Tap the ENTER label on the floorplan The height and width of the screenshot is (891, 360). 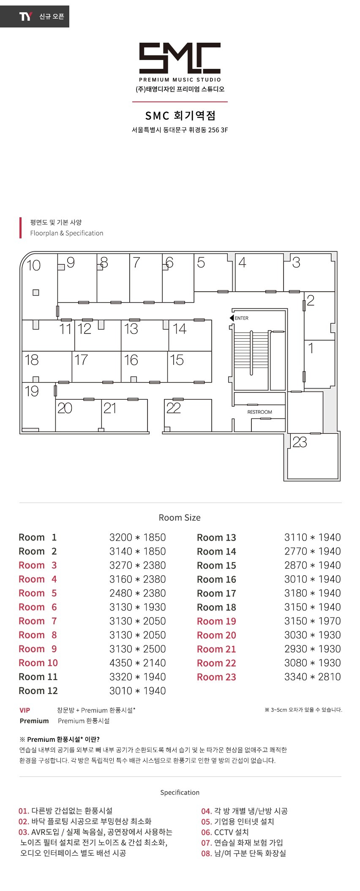tap(242, 318)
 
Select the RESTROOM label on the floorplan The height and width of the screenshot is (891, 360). tap(259, 412)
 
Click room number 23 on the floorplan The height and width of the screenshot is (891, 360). tap(300, 442)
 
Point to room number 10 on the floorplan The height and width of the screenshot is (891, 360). tap(33, 265)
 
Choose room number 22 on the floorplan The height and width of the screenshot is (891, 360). tap(173, 408)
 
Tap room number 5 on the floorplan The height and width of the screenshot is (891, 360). tap(201, 262)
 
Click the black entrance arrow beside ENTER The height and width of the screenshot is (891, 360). tap(232, 318)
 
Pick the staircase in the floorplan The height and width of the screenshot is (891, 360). tap(251, 353)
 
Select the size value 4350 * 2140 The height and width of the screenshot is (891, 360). tap(137, 663)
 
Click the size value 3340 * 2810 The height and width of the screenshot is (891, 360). tap(312, 677)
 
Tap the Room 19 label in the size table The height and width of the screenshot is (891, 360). tap(216, 621)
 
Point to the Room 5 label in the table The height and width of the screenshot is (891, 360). tap(38, 593)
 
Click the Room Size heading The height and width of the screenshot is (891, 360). tap(180, 518)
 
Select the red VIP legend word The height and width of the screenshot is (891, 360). tap(25, 710)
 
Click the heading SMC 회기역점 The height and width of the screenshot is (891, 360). tap(180, 115)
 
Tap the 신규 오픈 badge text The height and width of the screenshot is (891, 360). tap(52, 16)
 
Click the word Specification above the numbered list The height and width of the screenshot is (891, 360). tap(180, 793)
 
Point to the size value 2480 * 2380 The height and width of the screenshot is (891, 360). tap(137, 593)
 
